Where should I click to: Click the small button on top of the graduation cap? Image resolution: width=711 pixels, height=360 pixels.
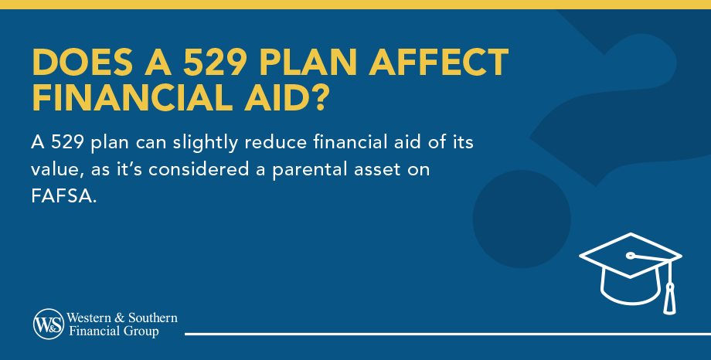[x=631, y=255]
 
